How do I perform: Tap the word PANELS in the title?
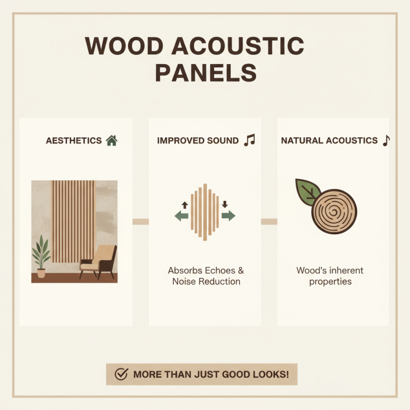point(206,73)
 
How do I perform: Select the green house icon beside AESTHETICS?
point(111,140)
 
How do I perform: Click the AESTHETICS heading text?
point(74,141)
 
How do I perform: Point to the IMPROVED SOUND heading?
point(198,141)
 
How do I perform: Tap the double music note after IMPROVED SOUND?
point(249,140)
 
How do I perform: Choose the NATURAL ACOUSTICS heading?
point(329,141)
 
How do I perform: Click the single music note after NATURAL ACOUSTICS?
point(386,140)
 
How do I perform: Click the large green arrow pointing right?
point(229,216)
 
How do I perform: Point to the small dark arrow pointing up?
point(185,204)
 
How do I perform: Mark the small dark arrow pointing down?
point(224,204)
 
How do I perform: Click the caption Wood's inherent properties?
point(330,276)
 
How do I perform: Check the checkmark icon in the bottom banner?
point(121,375)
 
